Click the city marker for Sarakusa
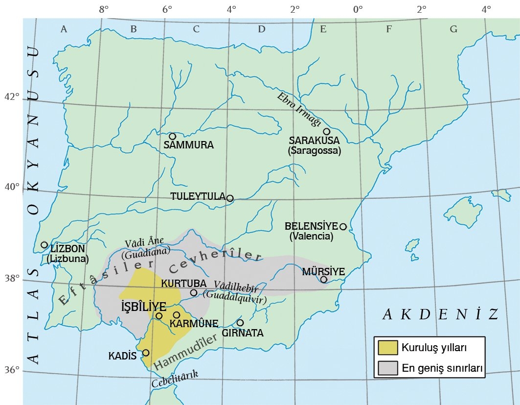click(327, 131)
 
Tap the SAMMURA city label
click(188, 145)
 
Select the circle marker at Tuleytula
click(230, 198)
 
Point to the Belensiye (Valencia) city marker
click(343, 227)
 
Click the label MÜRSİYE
click(323, 271)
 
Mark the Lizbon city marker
click(44, 245)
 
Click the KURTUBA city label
click(183, 284)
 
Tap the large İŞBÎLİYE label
click(143, 307)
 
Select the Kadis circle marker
click(146, 353)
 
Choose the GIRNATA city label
click(243, 333)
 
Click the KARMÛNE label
click(194, 323)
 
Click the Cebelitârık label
click(175, 379)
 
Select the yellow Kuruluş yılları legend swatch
click(388, 348)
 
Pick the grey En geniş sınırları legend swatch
click(388, 368)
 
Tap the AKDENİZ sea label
click(440, 314)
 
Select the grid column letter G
click(453, 29)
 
